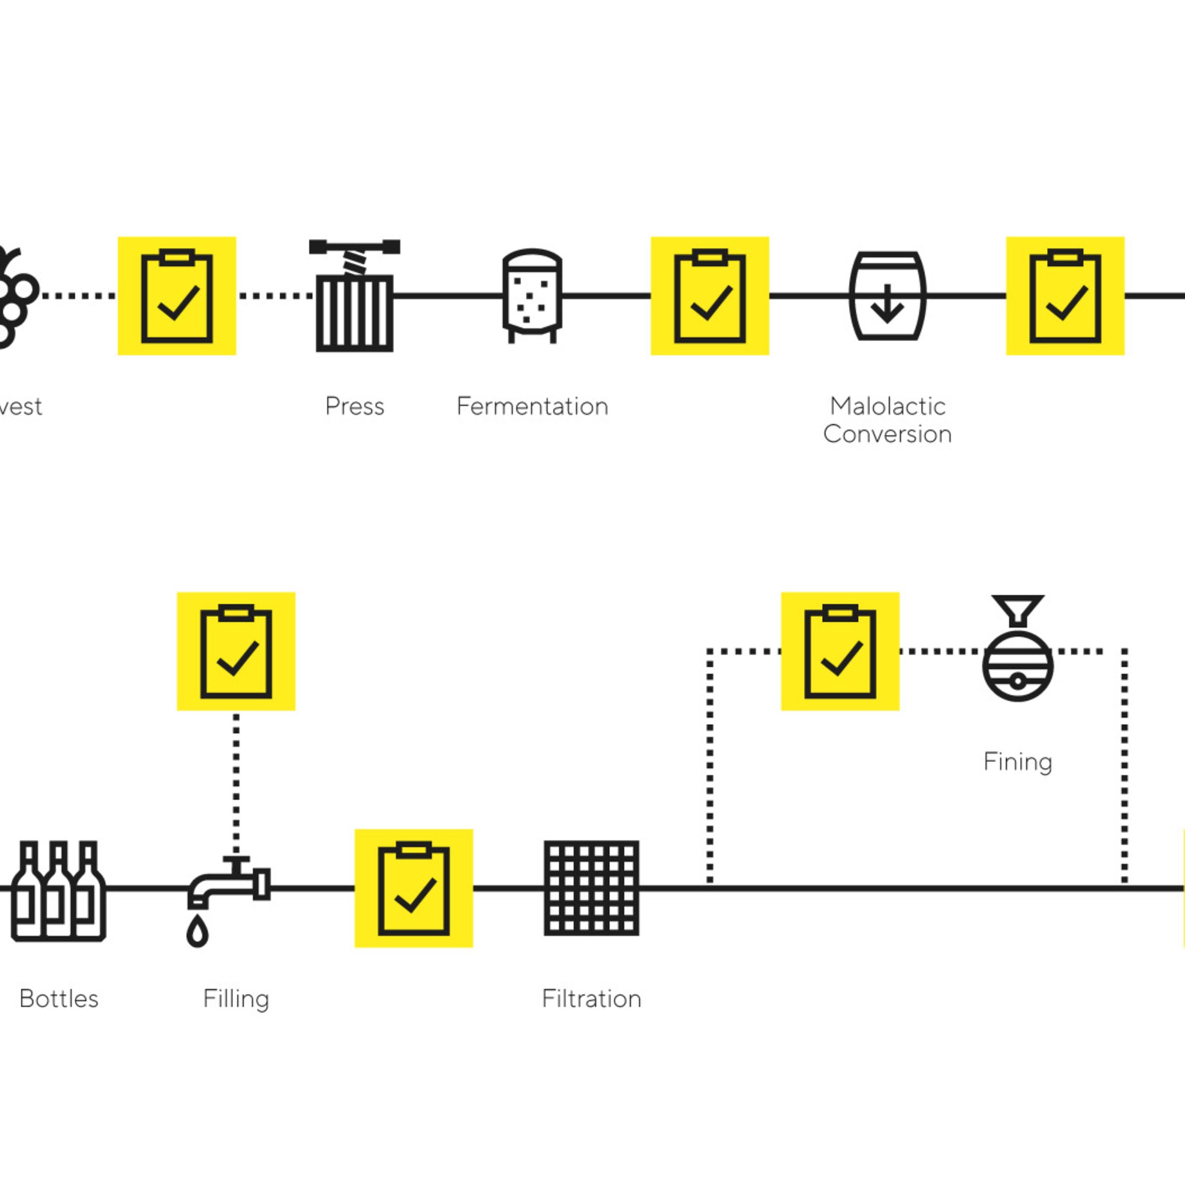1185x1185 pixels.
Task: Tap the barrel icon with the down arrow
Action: click(887, 296)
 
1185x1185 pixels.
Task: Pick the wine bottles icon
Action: click(59, 891)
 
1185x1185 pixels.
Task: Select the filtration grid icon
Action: click(591, 888)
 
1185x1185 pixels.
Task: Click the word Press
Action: click(354, 406)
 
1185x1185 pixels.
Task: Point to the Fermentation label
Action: click(532, 406)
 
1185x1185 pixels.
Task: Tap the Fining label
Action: click(1018, 762)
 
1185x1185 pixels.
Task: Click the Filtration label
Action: click(591, 999)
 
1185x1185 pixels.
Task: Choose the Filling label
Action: click(236, 999)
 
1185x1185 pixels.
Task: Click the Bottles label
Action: click(59, 999)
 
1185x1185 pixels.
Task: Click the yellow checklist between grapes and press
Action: click(177, 296)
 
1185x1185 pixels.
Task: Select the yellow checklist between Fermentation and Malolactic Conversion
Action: click(709, 296)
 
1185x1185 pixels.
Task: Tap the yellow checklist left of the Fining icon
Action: click(840, 651)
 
